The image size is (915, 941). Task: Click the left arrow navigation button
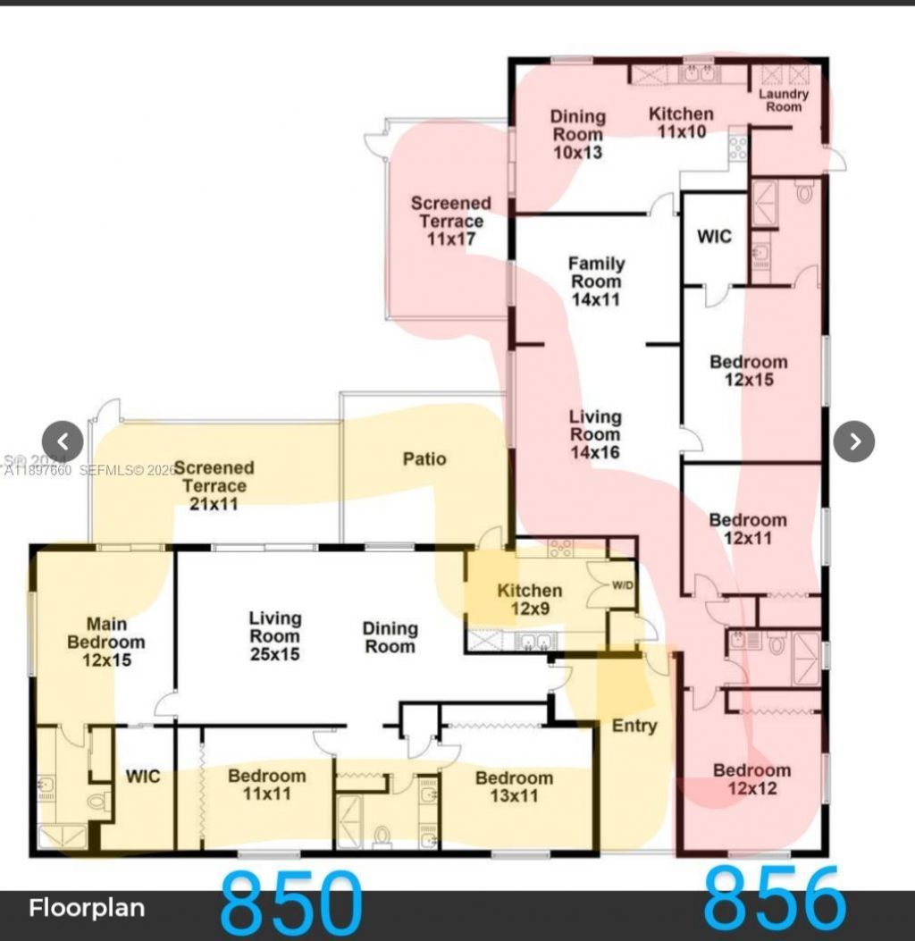63,441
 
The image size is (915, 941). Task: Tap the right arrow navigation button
854,441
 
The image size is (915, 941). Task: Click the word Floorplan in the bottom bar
87,909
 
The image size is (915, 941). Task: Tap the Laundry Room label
784,100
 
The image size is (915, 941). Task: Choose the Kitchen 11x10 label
681,122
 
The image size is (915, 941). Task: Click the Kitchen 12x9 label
529,600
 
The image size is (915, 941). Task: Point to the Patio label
424,458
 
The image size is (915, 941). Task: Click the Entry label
634,726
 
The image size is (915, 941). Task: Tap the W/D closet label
622,586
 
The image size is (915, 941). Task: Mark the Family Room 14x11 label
596,281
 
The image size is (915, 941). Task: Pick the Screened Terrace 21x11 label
214,485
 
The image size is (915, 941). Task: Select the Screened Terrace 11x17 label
450,221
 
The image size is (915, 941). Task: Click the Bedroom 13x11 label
514,786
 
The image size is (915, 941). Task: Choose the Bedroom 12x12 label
751,779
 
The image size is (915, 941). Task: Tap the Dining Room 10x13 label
577,134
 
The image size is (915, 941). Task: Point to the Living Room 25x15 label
274,635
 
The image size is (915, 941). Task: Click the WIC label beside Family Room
714,236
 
